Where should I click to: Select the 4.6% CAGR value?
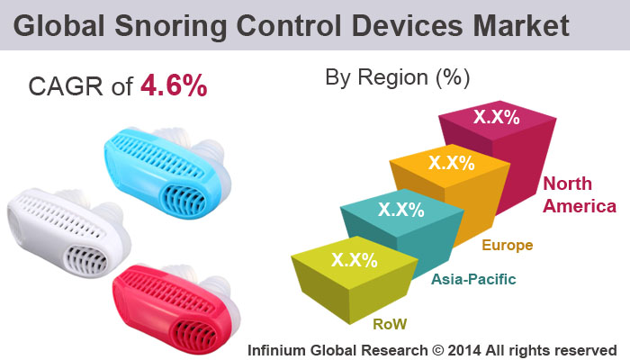175,86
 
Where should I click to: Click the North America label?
579,195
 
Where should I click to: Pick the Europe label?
508,245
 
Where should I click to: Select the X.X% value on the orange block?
452,163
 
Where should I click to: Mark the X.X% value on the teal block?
400,209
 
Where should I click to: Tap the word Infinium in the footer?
282,348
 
